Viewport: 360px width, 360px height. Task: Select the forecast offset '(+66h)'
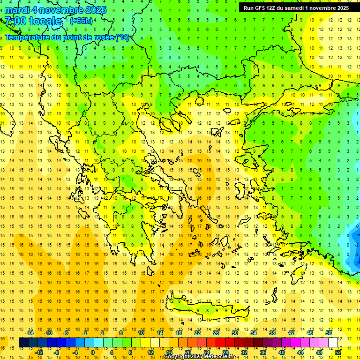[x=81, y=21]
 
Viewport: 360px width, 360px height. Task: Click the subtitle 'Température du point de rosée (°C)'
[x=67, y=37]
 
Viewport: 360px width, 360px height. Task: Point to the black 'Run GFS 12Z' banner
[x=296, y=7]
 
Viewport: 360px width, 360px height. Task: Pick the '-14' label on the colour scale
[x=30, y=333]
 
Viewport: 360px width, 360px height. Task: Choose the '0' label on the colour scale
[x=92, y=352]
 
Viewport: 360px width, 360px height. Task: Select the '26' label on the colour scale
[x=216, y=333]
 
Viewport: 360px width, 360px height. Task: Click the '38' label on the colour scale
[x=272, y=333]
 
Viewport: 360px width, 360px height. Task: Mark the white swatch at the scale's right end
[x=333, y=343]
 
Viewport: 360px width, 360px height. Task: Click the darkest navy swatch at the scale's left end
[x=24, y=343]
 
